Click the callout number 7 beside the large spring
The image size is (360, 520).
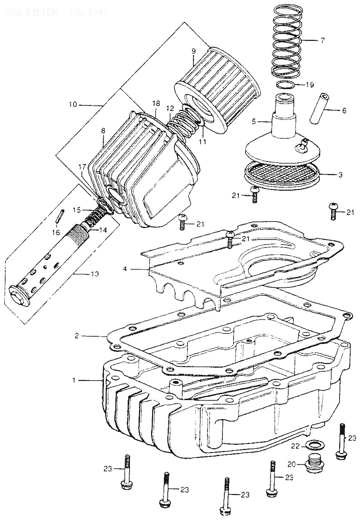point(323,41)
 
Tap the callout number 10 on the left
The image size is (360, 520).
point(73,104)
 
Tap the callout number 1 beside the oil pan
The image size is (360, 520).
point(73,380)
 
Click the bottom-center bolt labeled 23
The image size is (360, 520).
point(226,496)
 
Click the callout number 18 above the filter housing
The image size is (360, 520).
point(156,103)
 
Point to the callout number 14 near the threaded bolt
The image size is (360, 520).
point(103,229)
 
